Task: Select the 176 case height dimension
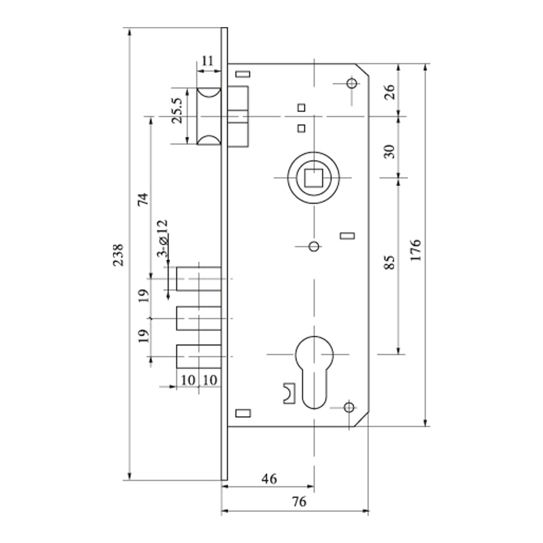415,250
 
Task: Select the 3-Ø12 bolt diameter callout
163,238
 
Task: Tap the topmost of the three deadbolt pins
198,279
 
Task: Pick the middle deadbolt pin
198,318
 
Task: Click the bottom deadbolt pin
198,356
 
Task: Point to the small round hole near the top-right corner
352,83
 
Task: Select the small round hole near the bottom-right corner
349,407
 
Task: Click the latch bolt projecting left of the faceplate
209,116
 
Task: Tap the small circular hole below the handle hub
314,247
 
